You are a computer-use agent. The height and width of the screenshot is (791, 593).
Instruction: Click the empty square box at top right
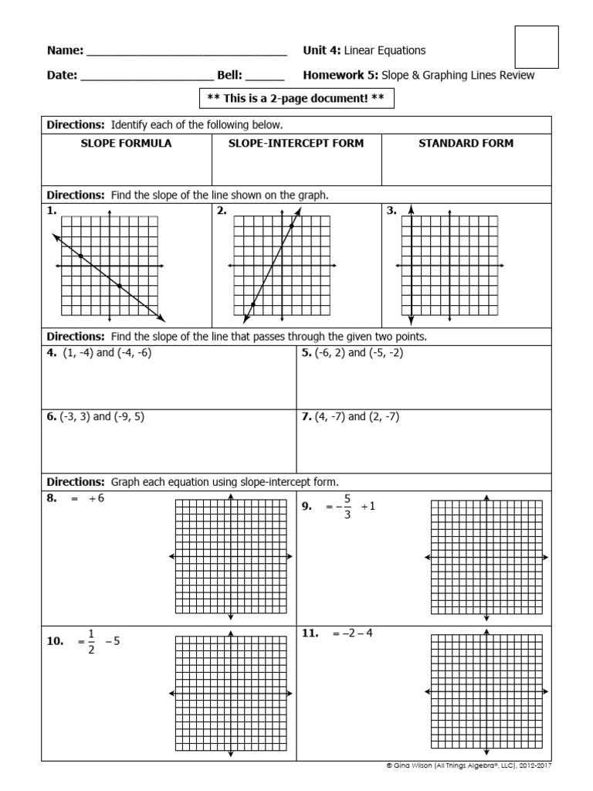click(536, 47)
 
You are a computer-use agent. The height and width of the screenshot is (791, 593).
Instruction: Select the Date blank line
click(147, 79)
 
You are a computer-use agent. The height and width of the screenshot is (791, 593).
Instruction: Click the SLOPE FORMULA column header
click(127, 144)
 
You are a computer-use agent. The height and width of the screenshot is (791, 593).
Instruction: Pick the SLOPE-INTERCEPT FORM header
click(296, 144)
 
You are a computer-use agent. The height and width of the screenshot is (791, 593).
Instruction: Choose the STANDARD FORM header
click(466, 144)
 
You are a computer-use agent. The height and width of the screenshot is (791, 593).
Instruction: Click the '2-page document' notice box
click(296, 99)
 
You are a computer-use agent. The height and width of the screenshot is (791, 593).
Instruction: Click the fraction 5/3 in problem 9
click(347, 508)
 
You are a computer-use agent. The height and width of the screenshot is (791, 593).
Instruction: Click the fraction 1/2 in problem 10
click(90, 641)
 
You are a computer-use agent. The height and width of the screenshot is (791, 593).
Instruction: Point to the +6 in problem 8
click(96, 499)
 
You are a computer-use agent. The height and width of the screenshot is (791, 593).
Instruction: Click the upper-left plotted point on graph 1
click(81, 256)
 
